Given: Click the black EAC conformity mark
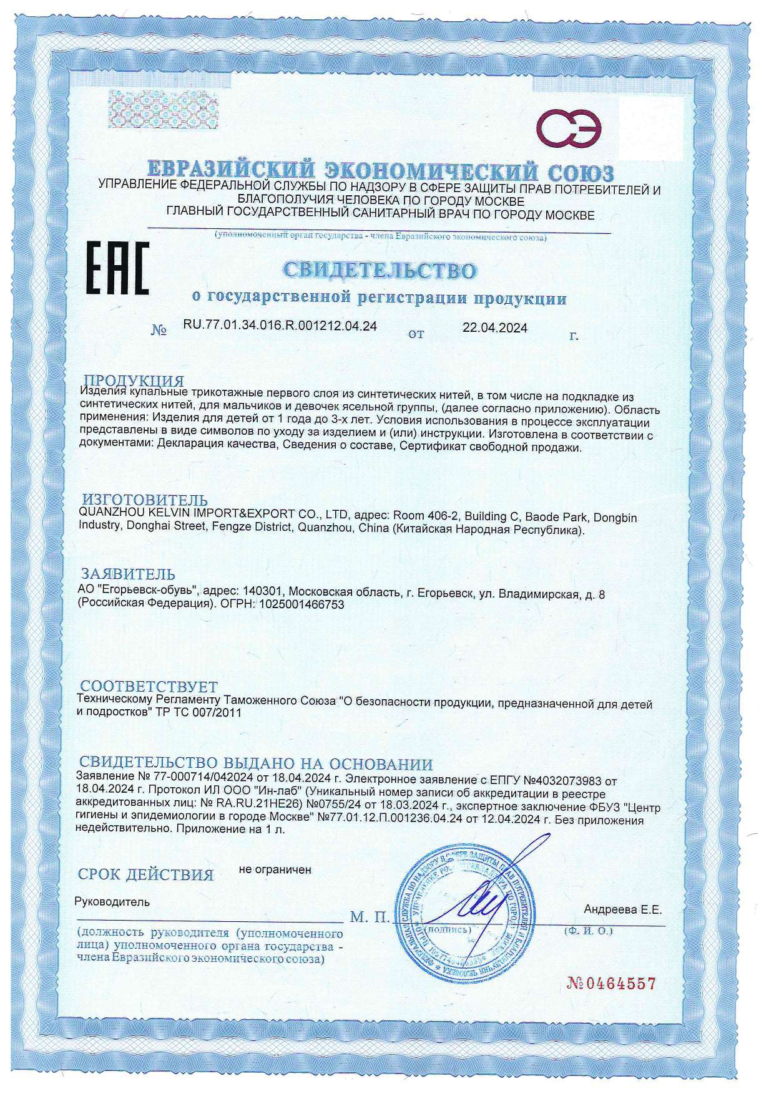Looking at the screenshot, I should tap(117, 269).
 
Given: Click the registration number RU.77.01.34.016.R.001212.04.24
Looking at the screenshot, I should tap(280, 326).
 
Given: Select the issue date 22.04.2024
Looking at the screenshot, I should tap(494, 328).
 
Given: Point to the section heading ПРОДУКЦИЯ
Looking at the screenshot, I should tap(134, 380).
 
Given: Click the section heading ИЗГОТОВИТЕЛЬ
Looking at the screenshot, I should tap(145, 500).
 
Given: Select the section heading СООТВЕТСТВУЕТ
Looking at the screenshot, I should tap(149, 688).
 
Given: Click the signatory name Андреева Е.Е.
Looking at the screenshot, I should tap(622, 910).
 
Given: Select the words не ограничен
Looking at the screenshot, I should tap(275, 869).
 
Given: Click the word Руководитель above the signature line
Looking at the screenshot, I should tap(112, 901).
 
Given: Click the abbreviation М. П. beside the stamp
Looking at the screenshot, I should tap(369, 917).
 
